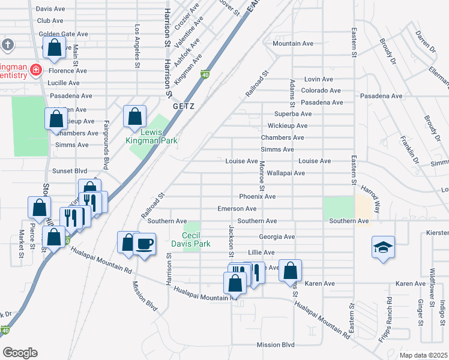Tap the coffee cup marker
pos(145,244)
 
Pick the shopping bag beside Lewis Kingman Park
pos(135,116)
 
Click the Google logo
pos(20,353)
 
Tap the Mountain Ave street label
pos(293,44)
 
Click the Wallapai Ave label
pos(286,173)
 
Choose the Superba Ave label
pos(293,114)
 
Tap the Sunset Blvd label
pos(70,170)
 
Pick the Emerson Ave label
pos(237,209)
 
